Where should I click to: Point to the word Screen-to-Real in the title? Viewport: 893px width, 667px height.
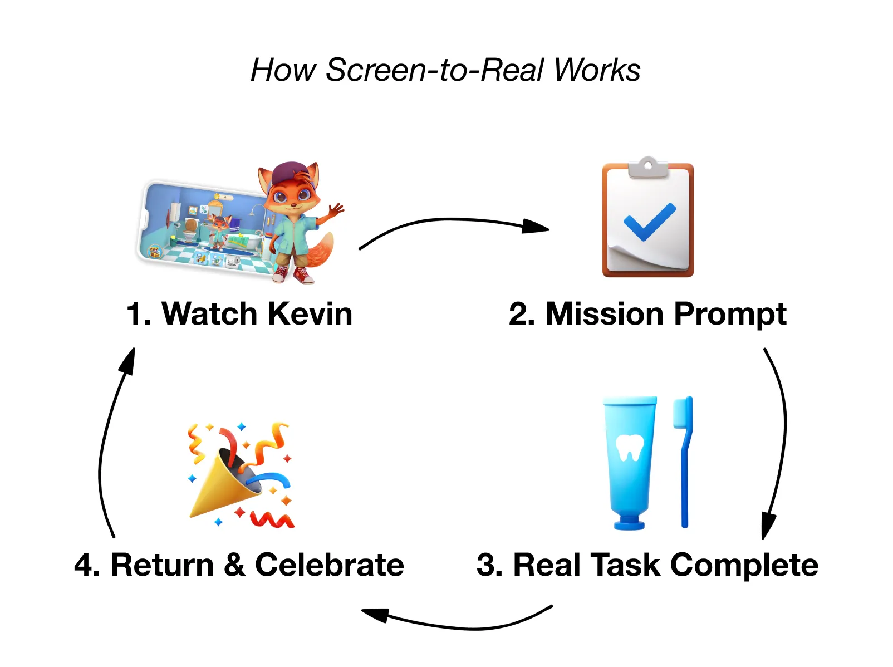[x=435, y=70]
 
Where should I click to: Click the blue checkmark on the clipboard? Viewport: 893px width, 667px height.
[x=649, y=222]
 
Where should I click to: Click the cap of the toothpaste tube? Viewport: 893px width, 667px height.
[x=630, y=523]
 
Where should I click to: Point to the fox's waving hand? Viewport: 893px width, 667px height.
[x=336, y=212]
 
